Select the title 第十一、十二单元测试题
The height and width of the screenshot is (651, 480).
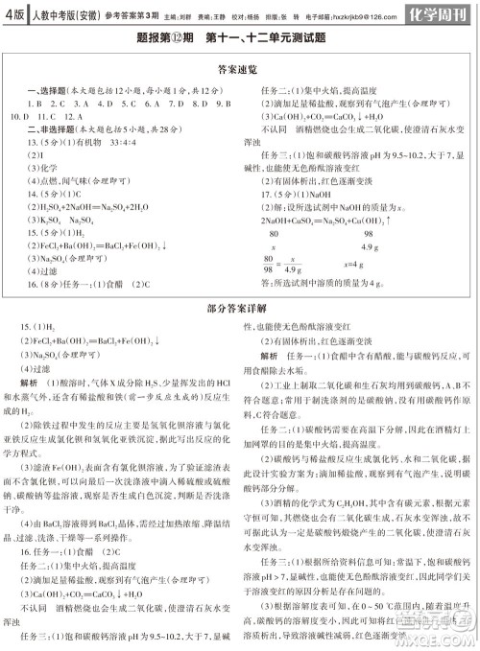[x=279, y=39]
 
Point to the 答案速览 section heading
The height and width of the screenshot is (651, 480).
[x=241, y=68]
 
